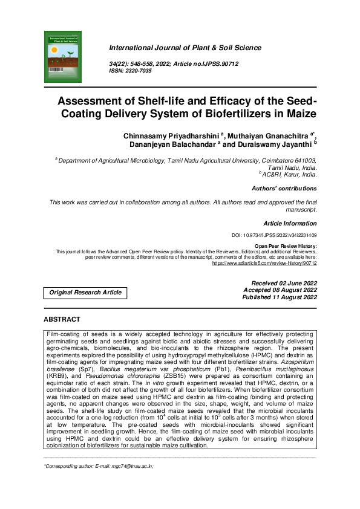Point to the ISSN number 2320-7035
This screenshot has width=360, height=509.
pyautogui.click(x=140, y=71)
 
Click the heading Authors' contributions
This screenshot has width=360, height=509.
pyautogui.click(x=284, y=189)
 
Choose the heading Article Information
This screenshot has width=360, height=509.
pyautogui.click(x=290, y=223)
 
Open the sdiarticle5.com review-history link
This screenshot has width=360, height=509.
pyautogui.click(x=264, y=263)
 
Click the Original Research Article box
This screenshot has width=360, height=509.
pyautogui.click(x=85, y=293)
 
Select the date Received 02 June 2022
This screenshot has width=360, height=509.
pyautogui.click(x=283, y=283)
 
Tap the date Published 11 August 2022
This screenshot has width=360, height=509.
pyautogui.click(x=280, y=297)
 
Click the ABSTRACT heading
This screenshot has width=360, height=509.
pyautogui.click(x=62, y=319)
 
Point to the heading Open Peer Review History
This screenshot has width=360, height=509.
pyautogui.click(x=286, y=246)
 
